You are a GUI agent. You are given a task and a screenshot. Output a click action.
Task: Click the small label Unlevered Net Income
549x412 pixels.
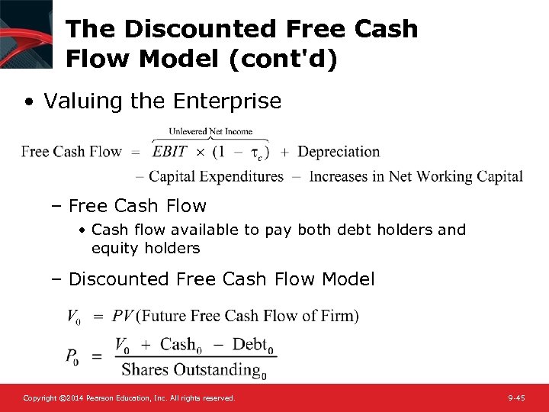pos(210,131)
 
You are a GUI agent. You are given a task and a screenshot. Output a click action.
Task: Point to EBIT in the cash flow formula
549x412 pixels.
pos(170,151)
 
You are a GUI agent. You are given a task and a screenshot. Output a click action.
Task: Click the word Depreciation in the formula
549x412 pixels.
pos(339,151)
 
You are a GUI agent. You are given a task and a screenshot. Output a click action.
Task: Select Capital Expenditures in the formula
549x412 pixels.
pos(217,177)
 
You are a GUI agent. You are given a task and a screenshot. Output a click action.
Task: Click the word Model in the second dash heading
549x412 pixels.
pos(348,279)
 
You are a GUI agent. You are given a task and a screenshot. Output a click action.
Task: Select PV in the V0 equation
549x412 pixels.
pos(123,315)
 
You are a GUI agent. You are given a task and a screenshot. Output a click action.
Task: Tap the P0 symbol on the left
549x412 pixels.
pos(72,356)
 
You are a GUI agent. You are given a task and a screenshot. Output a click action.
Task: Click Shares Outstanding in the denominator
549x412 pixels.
pos(191,370)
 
